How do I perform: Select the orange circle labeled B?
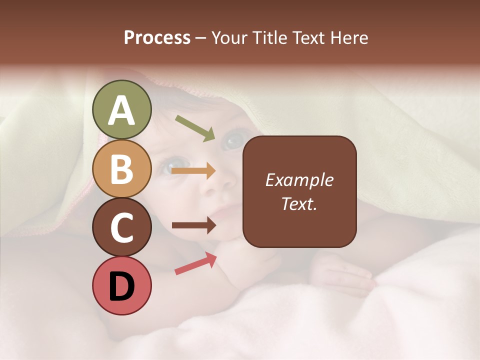point(122,168)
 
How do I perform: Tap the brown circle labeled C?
point(122,227)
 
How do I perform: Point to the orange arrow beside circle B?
point(193,171)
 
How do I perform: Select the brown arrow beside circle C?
point(193,225)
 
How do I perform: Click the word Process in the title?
point(157,37)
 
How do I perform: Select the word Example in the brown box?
point(299,180)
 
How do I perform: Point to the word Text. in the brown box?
point(299,203)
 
